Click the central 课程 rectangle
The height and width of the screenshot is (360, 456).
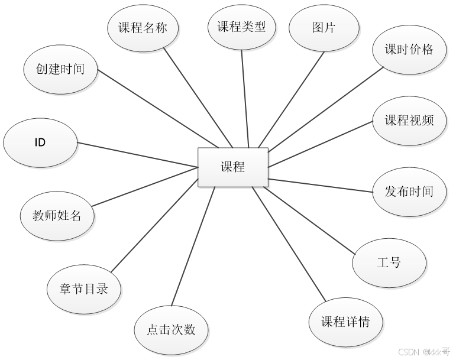pos(232,167)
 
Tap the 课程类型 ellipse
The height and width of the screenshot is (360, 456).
pos(241,27)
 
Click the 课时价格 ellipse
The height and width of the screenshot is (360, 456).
pos(409,50)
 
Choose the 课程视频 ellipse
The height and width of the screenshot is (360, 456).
pos(409,121)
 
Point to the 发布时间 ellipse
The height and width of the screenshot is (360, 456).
pos(409,192)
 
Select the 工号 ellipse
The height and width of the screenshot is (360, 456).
pos(388,262)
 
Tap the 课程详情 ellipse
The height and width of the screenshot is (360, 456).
pos(345,322)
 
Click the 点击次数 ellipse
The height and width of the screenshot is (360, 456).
pos(171,330)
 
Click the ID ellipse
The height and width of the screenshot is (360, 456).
pos(40,143)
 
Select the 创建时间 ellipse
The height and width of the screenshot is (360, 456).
pos(60,69)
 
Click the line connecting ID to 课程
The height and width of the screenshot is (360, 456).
pos(137,155)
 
